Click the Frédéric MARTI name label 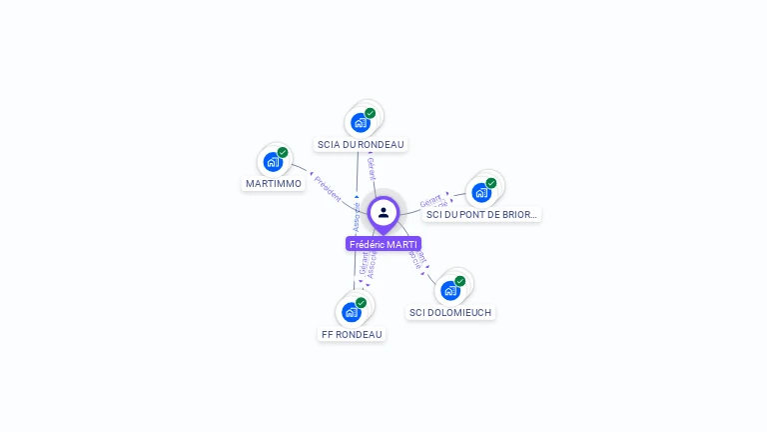point(383,244)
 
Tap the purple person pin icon point(383,212)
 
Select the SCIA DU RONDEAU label point(361,144)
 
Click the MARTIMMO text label point(274,183)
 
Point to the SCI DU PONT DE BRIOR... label point(481,214)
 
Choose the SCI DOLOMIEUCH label point(450,312)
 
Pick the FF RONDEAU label point(352,334)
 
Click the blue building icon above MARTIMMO point(272,161)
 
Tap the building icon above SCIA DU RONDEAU point(360,122)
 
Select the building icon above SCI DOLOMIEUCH point(449,290)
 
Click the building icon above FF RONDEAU point(351,311)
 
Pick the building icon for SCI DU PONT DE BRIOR point(480,192)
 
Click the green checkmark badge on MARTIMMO point(283,152)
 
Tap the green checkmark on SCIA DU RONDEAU point(371,113)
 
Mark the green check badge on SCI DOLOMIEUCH point(460,281)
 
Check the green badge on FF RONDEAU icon point(362,302)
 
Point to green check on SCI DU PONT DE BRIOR point(491,183)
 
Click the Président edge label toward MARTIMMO point(328,188)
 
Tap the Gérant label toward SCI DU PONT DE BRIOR point(430,199)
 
